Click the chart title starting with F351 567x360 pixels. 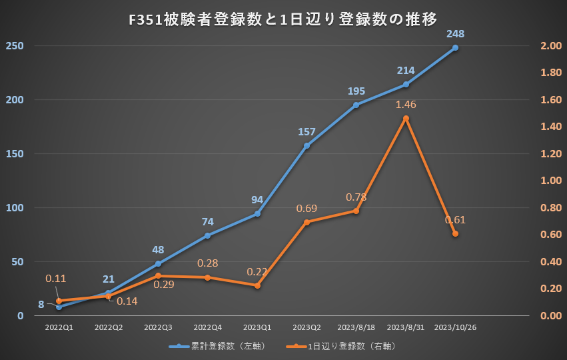(283, 19)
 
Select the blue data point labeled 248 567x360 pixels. (455, 48)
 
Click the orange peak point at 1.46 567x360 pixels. (406, 118)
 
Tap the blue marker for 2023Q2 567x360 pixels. (306, 145)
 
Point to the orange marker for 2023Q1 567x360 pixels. (257, 285)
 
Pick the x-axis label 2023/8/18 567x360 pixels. (356, 328)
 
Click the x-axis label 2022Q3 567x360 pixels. (158, 328)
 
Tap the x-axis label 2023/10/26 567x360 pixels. (455, 328)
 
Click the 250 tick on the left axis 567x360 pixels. (15, 46)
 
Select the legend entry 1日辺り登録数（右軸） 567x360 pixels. (341, 347)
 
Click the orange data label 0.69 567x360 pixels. (306, 209)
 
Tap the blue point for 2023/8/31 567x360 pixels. (406, 84)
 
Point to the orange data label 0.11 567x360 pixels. (56, 278)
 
